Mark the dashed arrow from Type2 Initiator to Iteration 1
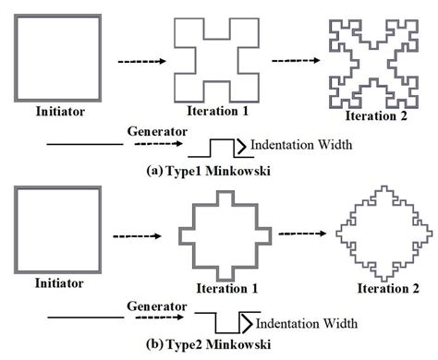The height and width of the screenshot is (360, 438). click(138, 236)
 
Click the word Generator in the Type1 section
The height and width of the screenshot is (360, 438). click(149, 131)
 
